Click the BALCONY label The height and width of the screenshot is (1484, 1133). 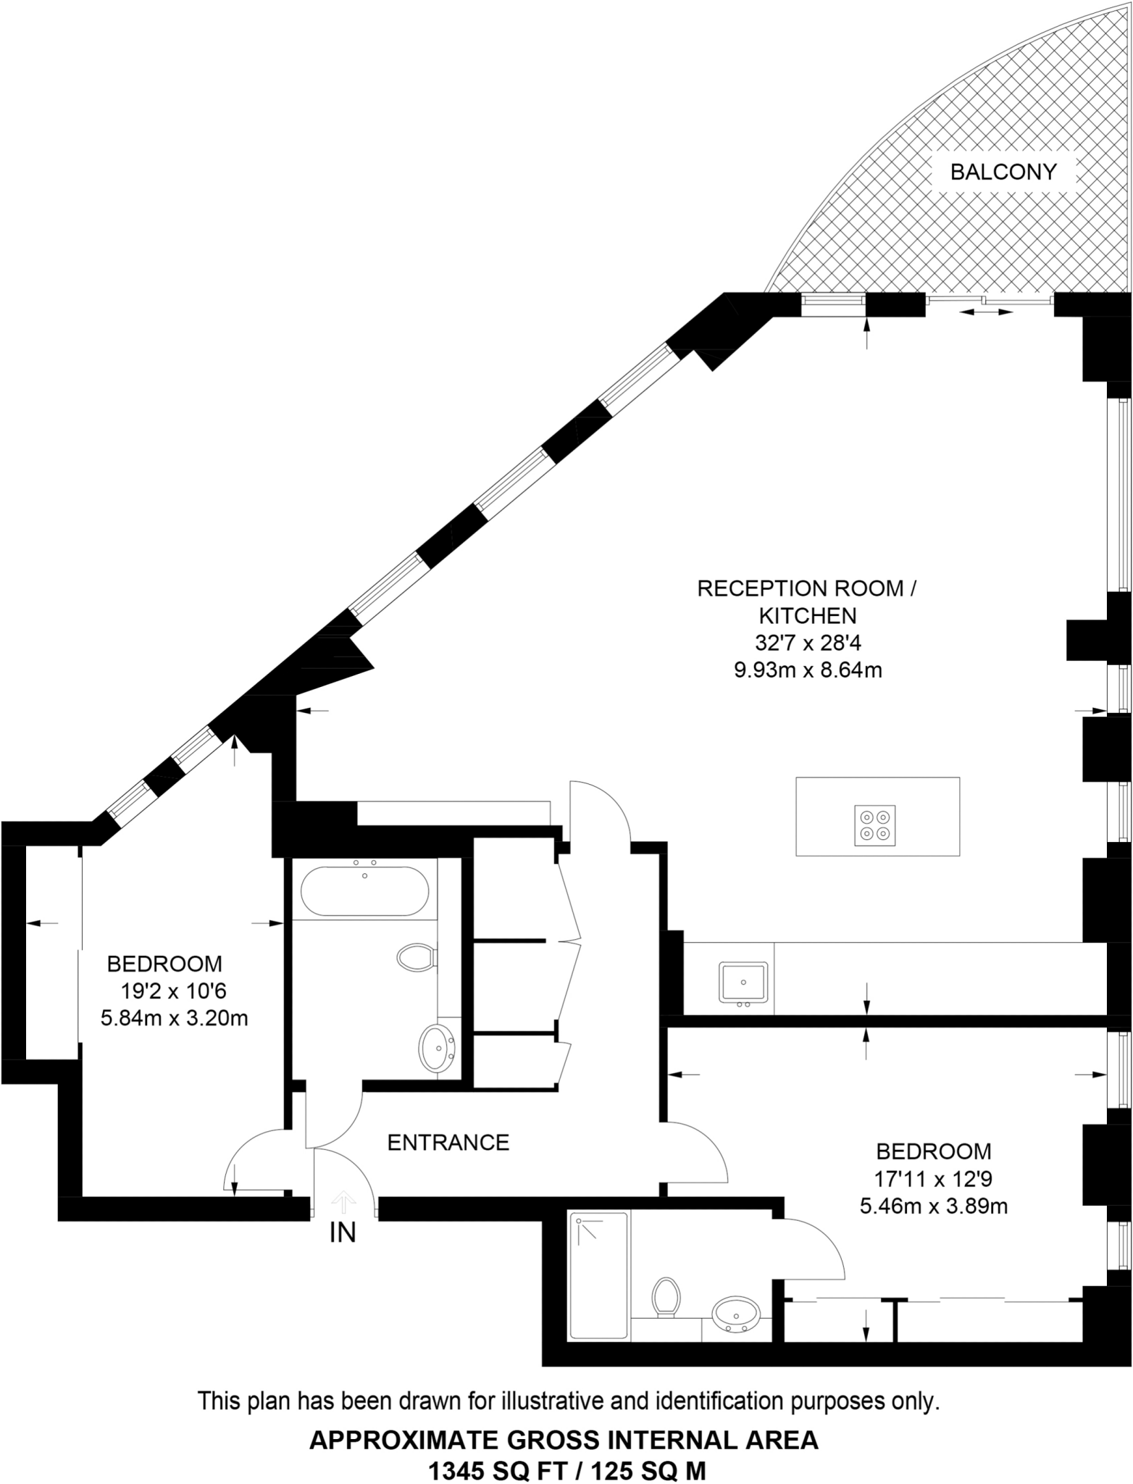pos(1003,172)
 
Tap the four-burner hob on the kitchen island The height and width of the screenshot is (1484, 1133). pos(874,825)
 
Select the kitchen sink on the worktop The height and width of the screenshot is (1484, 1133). pos(743,983)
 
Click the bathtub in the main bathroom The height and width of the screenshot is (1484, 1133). pos(364,891)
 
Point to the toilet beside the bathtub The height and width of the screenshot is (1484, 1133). pos(417,957)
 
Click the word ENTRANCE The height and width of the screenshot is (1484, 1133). pos(448,1143)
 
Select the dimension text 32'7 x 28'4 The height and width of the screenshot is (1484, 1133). pos(808,643)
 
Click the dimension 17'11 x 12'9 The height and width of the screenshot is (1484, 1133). pos(933,1179)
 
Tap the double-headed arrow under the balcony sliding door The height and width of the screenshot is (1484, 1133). pos(985,312)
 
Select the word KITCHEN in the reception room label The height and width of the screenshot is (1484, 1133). pos(808,615)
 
